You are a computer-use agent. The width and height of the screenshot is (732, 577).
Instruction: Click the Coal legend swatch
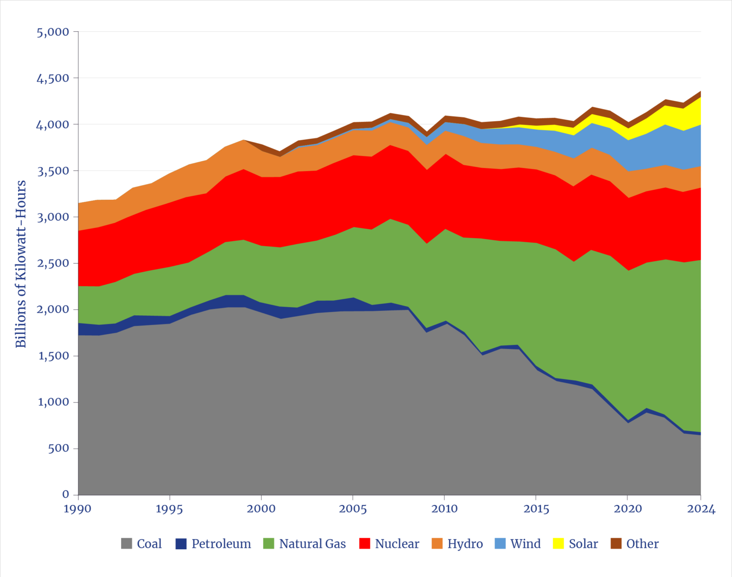(127, 543)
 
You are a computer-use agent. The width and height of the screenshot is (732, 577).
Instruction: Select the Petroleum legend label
(221, 543)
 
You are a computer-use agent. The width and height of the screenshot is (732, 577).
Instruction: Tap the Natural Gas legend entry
(312, 543)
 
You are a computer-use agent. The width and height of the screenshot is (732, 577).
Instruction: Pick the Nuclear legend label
(397, 543)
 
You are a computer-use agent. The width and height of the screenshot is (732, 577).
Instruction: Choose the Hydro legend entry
(465, 543)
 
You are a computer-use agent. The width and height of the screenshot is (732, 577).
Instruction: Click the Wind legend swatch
(500, 543)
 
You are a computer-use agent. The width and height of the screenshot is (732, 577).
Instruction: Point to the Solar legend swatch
(558, 543)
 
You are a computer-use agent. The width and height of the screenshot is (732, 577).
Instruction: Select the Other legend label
(642, 543)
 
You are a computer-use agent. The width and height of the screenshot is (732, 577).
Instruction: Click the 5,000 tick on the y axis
(53, 32)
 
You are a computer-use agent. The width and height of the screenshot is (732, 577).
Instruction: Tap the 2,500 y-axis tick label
(53, 264)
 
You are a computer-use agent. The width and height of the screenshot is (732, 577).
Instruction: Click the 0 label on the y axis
(66, 495)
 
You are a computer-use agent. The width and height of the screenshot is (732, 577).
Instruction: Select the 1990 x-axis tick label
(78, 509)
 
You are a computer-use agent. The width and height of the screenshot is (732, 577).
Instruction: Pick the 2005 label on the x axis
(353, 509)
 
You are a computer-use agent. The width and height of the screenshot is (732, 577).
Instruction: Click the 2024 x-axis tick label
(701, 509)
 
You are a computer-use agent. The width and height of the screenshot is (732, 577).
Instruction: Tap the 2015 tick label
(536, 509)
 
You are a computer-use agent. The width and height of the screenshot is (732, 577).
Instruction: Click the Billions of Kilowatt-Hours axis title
(20, 264)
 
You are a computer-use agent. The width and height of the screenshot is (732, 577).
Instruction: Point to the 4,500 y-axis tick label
(53, 78)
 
